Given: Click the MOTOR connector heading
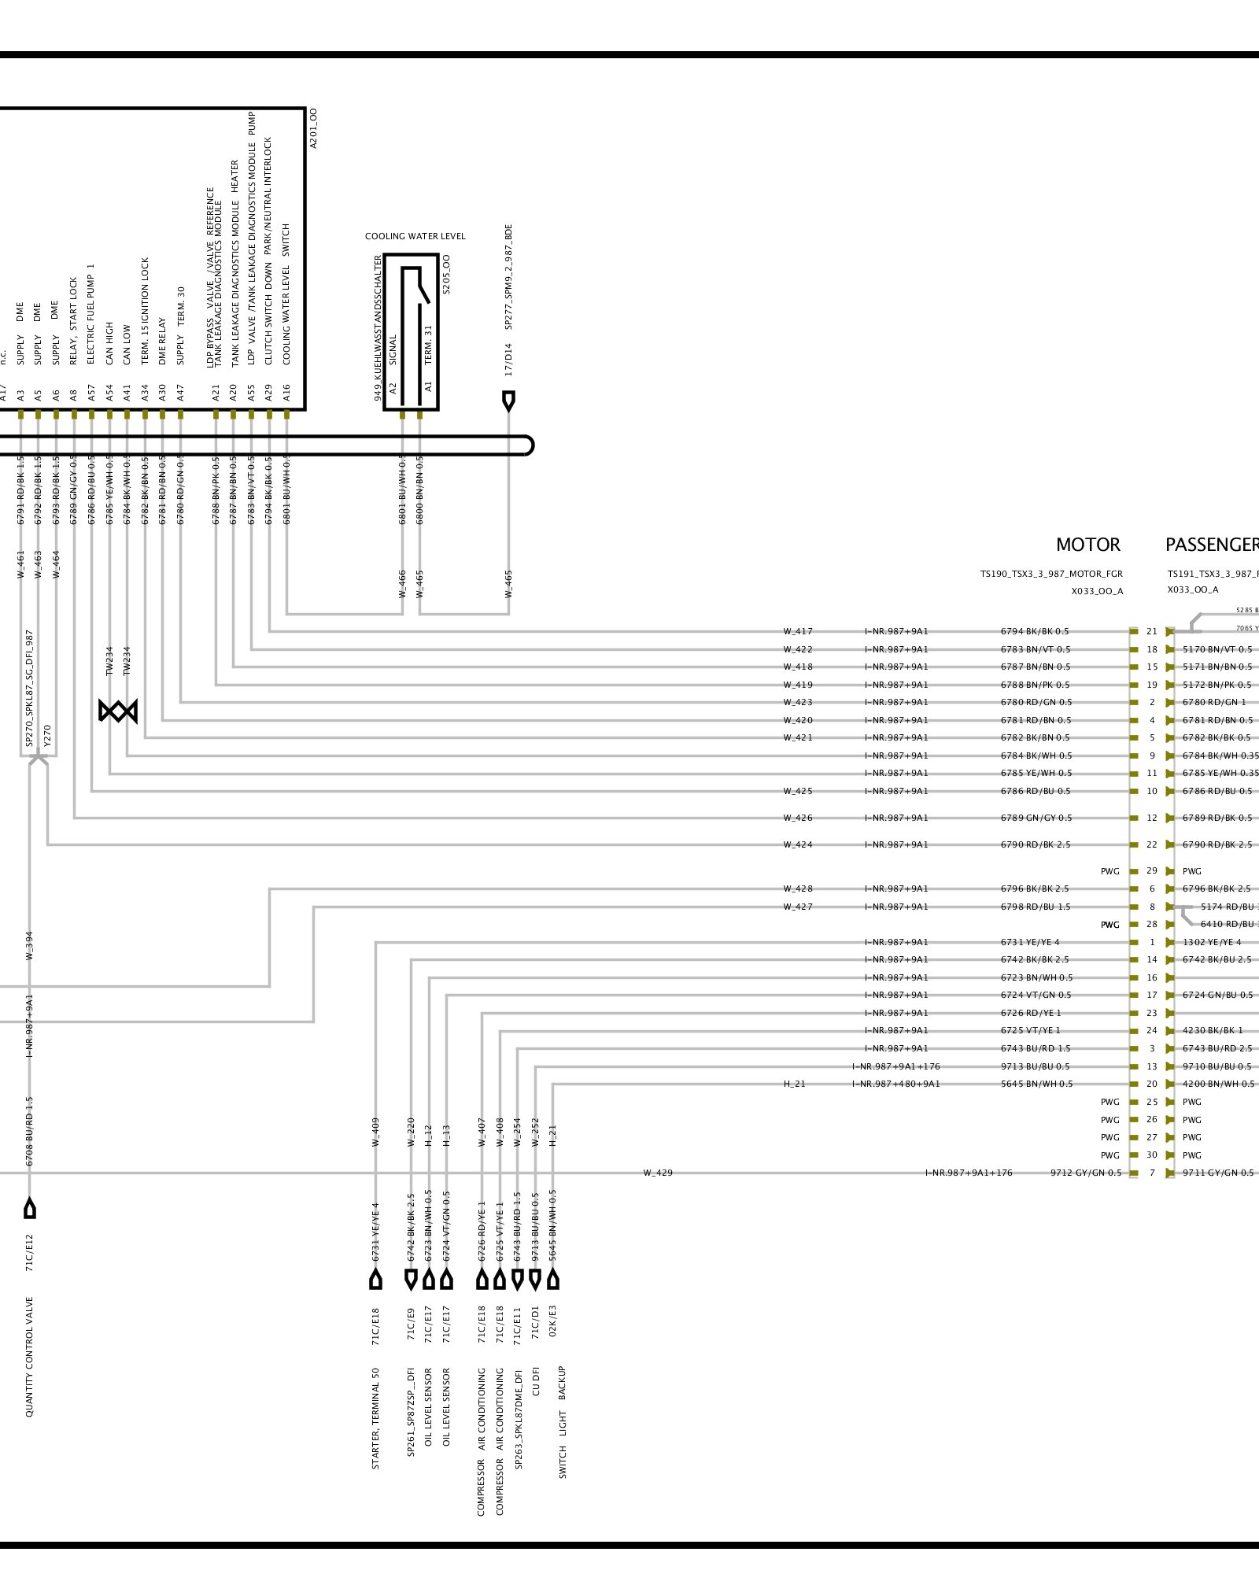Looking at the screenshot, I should click(x=1087, y=545).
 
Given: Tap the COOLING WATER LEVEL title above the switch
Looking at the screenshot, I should click(x=415, y=236).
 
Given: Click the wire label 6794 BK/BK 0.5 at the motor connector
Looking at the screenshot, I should click(x=1035, y=631).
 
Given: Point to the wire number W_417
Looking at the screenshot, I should click(x=798, y=631).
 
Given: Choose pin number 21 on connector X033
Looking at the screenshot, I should click(x=1152, y=631).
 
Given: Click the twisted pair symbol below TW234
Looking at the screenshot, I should click(x=118, y=711).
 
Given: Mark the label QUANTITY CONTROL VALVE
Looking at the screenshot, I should click(x=30, y=1357).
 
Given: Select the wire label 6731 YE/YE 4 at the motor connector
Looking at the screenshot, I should click(x=1030, y=942).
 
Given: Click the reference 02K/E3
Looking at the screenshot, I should click(x=552, y=1321).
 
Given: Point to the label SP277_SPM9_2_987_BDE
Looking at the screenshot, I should click(x=508, y=277).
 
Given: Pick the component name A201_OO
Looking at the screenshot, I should click(x=313, y=128).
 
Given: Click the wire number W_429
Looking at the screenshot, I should click(x=658, y=1173).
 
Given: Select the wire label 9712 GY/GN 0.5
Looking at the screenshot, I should click(x=1086, y=1173).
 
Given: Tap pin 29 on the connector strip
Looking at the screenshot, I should click(x=1152, y=871).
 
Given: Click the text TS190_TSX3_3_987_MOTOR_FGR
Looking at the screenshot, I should click(x=1051, y=574).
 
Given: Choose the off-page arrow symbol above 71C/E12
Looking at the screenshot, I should click(x=30, y=1208).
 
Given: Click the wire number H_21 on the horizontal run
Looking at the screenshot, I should click(x=794, y=1084).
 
